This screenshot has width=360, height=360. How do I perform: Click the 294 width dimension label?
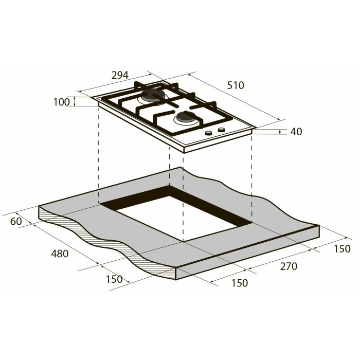(x=120, y=75)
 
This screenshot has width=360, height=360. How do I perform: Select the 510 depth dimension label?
(x=236, y=85)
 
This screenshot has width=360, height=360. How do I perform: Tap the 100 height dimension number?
(x=61, y=102)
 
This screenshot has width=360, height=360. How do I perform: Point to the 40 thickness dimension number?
(x=296, y=132)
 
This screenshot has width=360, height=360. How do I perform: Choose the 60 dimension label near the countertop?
(x=16, y=221)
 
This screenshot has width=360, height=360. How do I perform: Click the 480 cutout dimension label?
(x=60, y=254)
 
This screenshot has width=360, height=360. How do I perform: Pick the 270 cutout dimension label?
(x=289, y=266)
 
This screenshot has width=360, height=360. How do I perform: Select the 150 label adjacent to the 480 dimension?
(x=114, y=279)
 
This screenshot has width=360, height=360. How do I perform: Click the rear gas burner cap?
(x=152, y=96)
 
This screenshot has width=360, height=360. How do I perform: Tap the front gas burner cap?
(x=186, y=116)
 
